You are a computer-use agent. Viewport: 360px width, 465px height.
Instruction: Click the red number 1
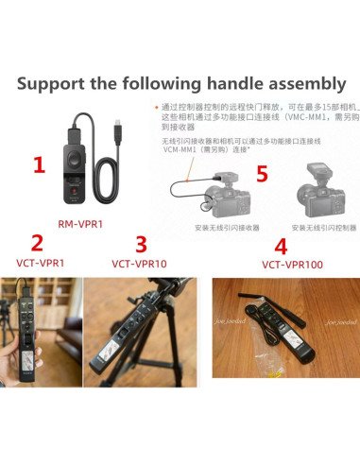[39, 166]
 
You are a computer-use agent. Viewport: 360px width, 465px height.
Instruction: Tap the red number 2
[37, 243]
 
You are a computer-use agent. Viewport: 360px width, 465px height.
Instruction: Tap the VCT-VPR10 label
[139, 264]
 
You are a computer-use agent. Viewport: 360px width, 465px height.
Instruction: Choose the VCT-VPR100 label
[293, 265]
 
